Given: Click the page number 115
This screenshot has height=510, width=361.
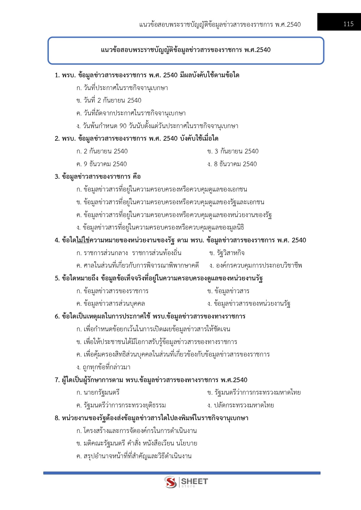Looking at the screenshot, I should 348,24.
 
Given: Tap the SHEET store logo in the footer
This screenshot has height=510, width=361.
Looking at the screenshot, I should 186,482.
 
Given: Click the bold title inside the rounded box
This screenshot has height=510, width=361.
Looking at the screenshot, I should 186,50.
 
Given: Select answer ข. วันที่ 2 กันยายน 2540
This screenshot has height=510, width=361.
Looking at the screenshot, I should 109,101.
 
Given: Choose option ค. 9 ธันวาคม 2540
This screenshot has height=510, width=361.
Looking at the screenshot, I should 102,164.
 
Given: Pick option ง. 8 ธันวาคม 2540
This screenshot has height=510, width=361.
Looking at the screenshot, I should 232,164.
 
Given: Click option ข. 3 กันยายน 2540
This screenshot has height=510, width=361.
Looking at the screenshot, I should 233,151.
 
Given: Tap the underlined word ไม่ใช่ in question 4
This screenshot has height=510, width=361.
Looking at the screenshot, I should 83,240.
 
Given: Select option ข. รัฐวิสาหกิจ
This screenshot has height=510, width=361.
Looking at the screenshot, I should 227,253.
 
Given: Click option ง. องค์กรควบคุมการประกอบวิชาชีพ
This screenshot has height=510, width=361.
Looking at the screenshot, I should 255,266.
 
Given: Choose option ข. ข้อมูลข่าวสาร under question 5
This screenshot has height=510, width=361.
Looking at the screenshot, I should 228,291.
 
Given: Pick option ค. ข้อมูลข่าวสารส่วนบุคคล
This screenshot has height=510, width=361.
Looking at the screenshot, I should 111,304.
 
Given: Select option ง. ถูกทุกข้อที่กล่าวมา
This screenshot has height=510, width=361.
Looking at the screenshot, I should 103,367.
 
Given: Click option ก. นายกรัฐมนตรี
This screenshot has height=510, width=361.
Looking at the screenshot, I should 98,393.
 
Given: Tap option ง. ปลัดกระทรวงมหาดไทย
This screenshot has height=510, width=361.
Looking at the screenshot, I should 241,405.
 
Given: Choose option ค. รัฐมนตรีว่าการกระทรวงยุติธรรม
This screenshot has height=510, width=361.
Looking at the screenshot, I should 121,405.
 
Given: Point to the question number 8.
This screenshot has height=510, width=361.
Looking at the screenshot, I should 57,418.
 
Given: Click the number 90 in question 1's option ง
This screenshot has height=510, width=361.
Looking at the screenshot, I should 123,126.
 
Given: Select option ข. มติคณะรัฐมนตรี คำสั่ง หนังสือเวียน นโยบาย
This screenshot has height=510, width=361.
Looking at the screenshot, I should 137,443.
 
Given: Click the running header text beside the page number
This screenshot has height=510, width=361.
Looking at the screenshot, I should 220,24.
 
